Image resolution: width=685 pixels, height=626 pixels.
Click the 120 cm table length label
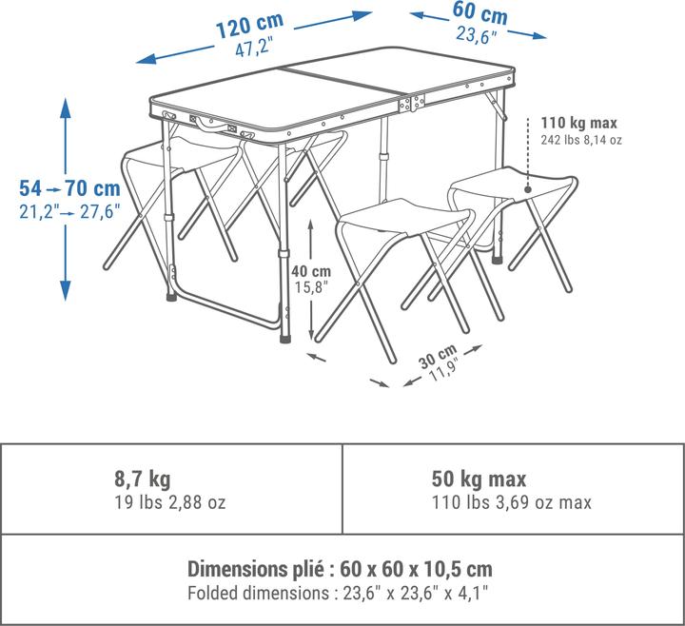[250, 26]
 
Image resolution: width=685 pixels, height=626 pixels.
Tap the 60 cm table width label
[480, 13]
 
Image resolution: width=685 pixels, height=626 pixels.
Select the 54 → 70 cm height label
[69, 188]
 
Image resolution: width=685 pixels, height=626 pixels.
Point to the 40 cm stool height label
[311, 271]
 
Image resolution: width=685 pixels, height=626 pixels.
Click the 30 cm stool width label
[438, 356]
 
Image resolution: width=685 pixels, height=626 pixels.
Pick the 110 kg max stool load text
[579, 123]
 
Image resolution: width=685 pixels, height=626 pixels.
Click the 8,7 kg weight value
[143, 479]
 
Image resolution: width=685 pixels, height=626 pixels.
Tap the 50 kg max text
[479, 479]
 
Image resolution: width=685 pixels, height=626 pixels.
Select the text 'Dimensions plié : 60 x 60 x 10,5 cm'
[340, 569]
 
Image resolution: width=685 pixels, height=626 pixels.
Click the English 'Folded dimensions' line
[338, 594]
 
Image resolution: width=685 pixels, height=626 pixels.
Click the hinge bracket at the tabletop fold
[412, 103]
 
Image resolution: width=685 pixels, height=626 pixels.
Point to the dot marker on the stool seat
[528, 189]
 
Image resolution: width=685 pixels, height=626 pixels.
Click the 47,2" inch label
[254, 47]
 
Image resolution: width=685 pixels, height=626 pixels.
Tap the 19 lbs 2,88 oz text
[170, 502]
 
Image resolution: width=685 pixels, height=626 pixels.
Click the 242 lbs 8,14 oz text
[581, 140]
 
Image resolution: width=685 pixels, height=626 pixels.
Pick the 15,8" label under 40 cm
[310, 287]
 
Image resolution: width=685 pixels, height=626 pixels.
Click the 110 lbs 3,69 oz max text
[512, 502]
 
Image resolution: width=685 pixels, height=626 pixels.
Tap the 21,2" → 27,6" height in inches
[69, 212]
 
